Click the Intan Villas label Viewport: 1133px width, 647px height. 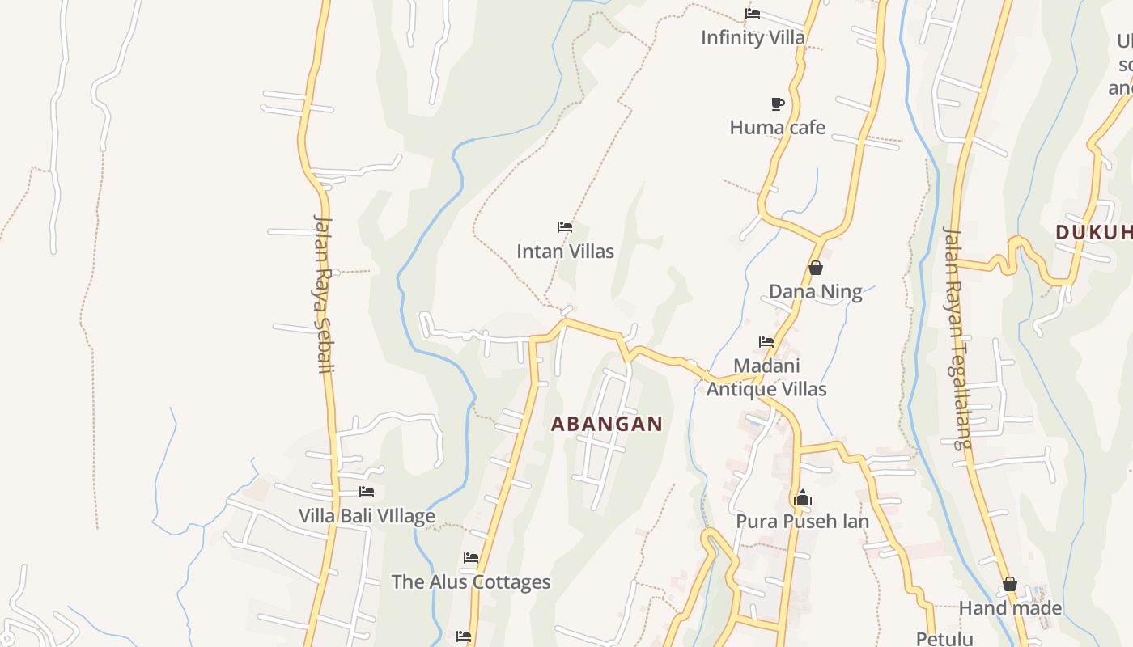pyautogui.click(x=565, y=252)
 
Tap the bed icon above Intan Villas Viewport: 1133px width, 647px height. pyautogui.click(x=565, y=227)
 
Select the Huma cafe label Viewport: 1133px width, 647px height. pyautogui.click(x=777, y=127)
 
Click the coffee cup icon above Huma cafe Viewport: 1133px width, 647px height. pyautogui.click(x=777, y=104)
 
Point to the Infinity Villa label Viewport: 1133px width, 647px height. pyautogui.click(x=753, y=37)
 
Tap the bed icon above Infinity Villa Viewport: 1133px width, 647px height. pyautogui.click(x=753, y=14)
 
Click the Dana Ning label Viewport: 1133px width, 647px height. pyautogui.click(x=815, y=292)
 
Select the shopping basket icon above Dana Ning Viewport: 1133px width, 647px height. pyautogui.click(x=816, y=268)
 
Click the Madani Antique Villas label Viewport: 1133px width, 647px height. pyautogui.click(x=766, y=378)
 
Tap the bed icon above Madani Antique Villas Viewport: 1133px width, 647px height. pyautogui.click(x=766, y=342)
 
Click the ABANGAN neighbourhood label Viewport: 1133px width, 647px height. pyautogui.click(x=607, y=424)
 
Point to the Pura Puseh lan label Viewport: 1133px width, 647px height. pyautogui.click(x=802, y=522)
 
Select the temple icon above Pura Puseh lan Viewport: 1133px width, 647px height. pyautogui.click(x=803, y=497)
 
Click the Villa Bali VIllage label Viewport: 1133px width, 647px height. pyautogui.click(x=367, y=516)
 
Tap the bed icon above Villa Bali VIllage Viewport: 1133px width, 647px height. pyautogui.click(x=367, y=492)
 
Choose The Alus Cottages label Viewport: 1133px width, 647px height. pyautogui.click(x=471, y=582)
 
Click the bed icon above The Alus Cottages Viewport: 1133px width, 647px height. pyautogui.click(x=471, y=558)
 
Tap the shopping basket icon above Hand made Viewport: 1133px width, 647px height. pyautogui.click(x=1010, y=584)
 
